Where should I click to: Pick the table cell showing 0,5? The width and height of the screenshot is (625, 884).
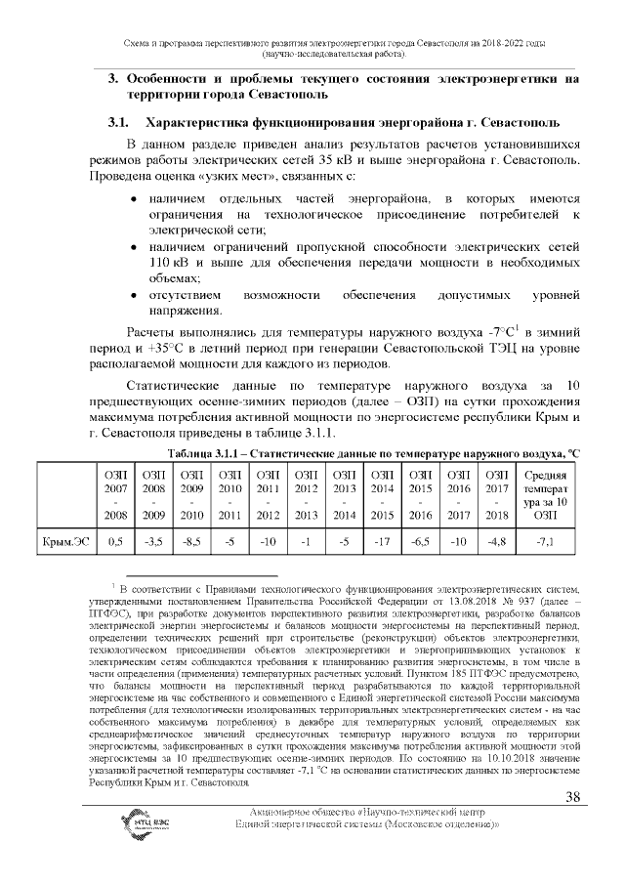click(x=115, y=539)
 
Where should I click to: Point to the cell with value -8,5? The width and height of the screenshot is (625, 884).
click(x=191, y=539)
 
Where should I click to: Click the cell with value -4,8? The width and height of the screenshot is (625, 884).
click(x=497, y=539)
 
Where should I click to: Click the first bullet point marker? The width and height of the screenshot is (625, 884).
click(x=135, y=199)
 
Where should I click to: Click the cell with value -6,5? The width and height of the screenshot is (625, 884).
click(x=420, y=539)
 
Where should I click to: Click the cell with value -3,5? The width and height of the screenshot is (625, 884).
click(x=153, y=539)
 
